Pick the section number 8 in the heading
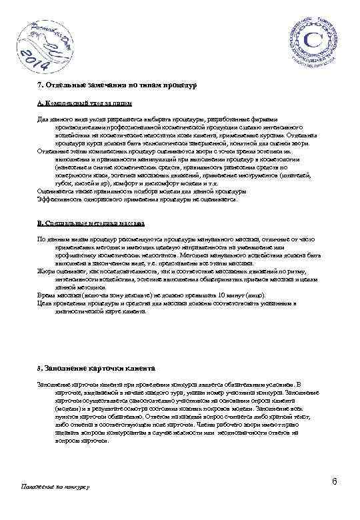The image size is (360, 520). (39, 368)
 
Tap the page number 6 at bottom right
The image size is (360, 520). (331, 481)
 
